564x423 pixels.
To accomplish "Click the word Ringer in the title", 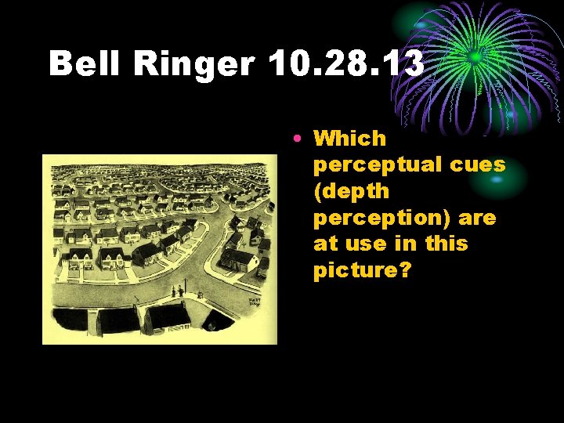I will click(195, 63).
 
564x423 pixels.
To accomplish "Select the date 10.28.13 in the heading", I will click(346, 63).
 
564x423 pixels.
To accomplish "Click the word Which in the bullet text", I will click(350, 139).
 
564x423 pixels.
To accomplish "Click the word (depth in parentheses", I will click(352, 191).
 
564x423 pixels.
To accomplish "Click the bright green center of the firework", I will click(475, 57).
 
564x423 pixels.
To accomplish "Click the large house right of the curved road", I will click(239, 255).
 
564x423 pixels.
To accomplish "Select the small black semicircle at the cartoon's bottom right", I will click(212, 322).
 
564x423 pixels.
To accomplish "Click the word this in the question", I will click(446, 244).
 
